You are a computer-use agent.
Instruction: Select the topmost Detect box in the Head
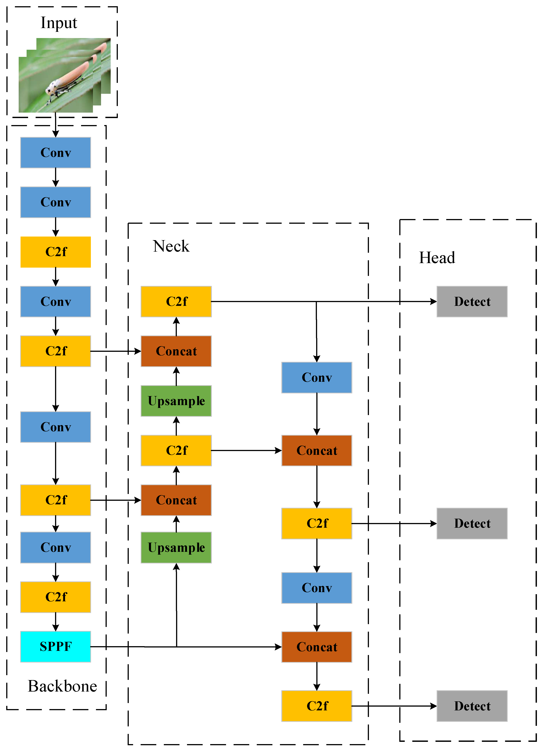tap(472, 301)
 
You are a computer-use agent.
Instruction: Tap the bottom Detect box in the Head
tap(472, 706)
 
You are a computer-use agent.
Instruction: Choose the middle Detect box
tap(472, 523)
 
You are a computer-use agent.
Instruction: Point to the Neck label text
tap(171, 246)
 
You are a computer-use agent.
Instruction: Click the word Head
tap(437, 258)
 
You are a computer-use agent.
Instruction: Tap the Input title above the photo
tap(59, 23)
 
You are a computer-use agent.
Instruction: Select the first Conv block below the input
tap(55, 153)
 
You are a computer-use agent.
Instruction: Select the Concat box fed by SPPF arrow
tap(317, 647)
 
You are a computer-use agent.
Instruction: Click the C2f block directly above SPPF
tap(55, 597)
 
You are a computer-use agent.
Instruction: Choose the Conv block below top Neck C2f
tap(317, 377)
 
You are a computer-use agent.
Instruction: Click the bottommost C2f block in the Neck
tap(317, 706)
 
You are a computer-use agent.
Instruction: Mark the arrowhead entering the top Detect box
tap(433, 301)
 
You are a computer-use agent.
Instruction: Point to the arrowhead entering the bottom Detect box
tap(433, 706)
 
